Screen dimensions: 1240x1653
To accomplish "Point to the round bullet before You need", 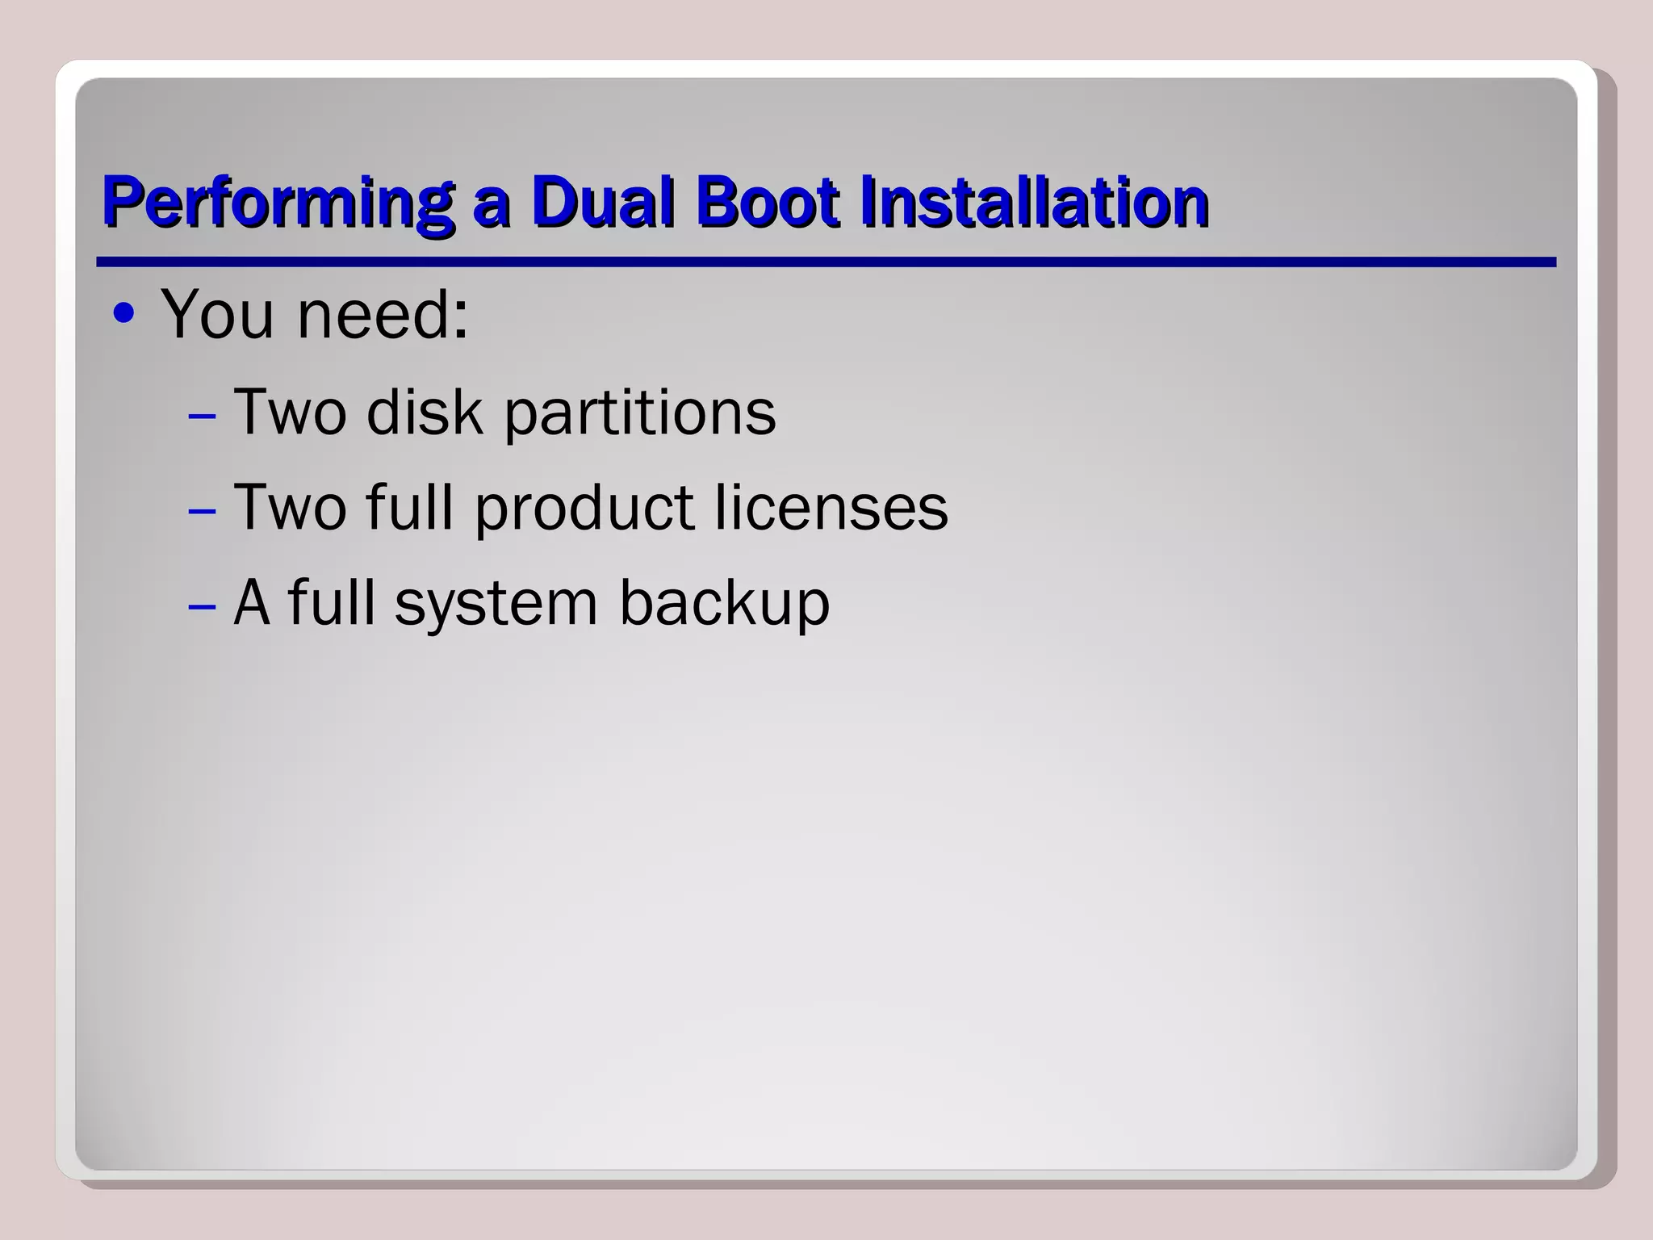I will [x=123, y=313].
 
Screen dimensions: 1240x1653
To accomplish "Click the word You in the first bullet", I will [x=218, y=314].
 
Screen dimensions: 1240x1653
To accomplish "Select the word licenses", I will [x=831, y=507].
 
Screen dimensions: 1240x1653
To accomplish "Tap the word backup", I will [x=724, y=603].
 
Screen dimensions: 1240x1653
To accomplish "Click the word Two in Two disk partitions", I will [x=290, y=412].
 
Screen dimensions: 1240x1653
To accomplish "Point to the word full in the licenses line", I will [x=409, y=507].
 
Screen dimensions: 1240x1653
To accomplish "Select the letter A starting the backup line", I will [x=251, y=602].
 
